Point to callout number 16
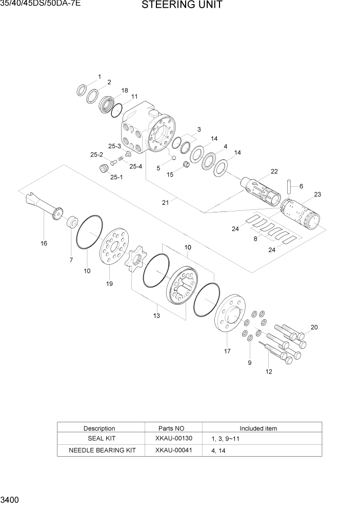[44, 243]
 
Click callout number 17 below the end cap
[227, 351]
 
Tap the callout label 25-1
[116, 177]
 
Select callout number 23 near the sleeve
[317, 194]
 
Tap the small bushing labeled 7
[72, 223]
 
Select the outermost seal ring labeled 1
[82, 90]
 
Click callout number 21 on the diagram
[165, 202]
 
